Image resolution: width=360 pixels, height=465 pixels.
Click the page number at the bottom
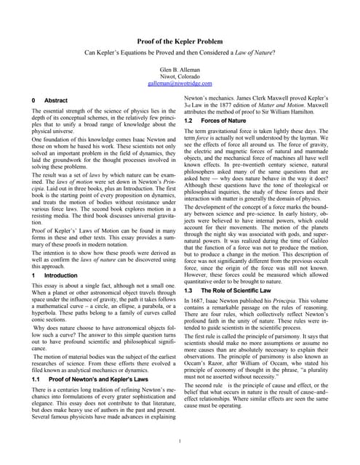(180, 441)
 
